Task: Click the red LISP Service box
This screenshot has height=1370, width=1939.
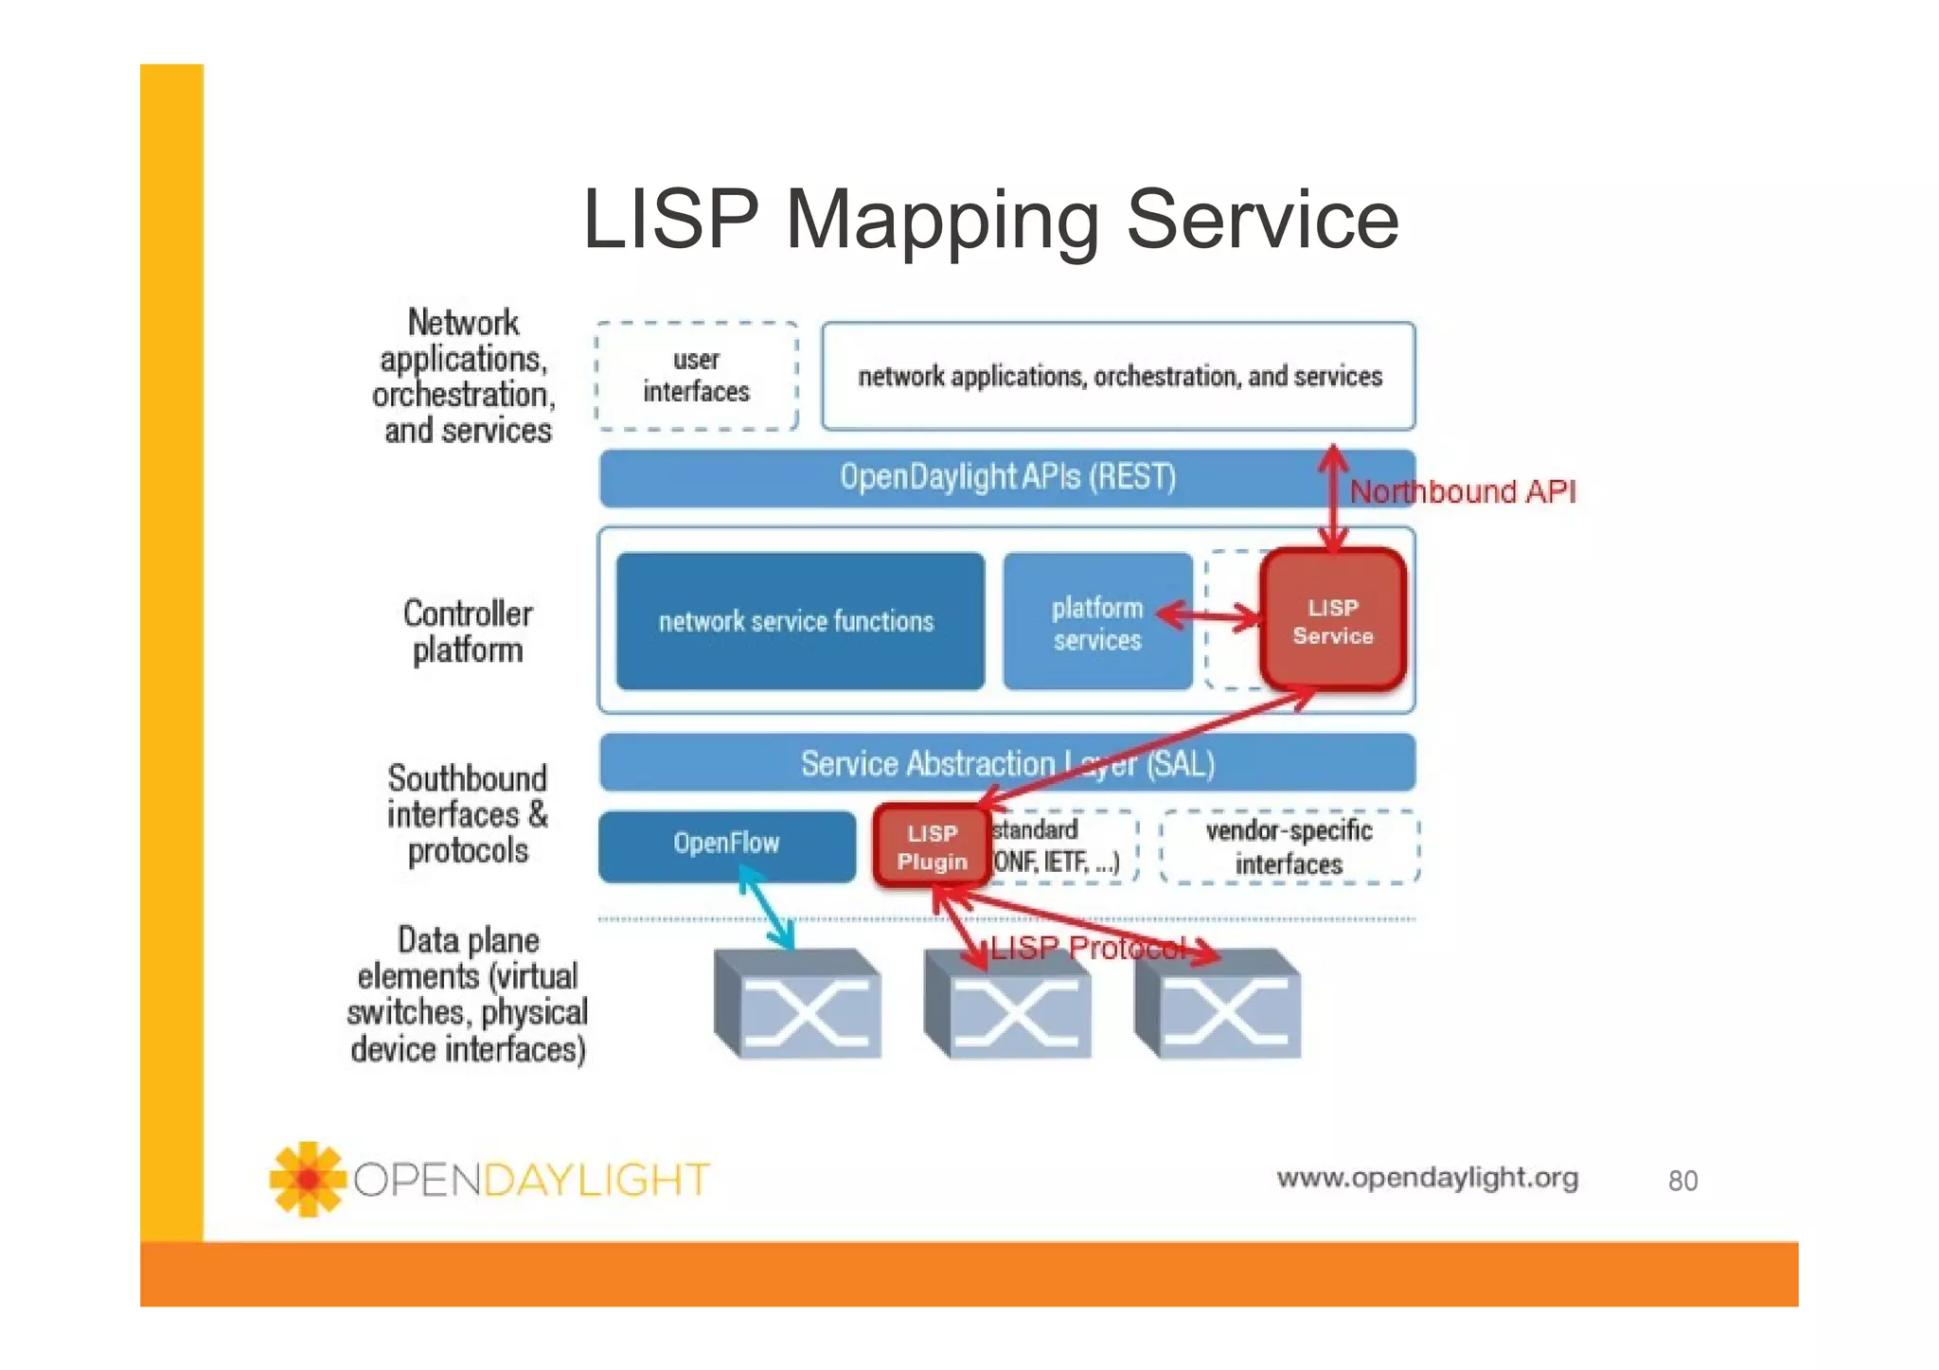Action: [x=1332, y=620]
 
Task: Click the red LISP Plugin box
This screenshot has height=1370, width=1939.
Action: [x=932, y=846]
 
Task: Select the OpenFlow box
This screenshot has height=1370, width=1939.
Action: [x=726, y=843]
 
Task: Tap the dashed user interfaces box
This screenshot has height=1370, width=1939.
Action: [x=696, y=376]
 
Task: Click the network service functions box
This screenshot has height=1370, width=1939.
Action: [x=798, y=621]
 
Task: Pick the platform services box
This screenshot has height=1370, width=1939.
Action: [x=1096, y=622]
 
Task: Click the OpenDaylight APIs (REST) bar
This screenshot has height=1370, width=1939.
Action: [x=1006, y=477]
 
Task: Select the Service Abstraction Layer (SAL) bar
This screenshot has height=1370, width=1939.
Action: [x=1006, y=763]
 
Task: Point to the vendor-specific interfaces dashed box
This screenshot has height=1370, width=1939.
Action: [x=1289, y=846]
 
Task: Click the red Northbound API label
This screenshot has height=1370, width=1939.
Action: [x=1462, y=491]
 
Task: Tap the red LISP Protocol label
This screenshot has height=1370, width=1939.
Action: [x=1089, y=948]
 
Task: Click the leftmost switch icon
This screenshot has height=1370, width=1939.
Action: [x=798, y=1004]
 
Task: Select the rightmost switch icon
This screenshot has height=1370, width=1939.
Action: [x=1218, y=1004]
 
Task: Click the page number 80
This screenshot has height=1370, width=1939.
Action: [x=1681, y=1181]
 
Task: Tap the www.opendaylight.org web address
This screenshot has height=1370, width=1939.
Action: [x=1427, y=1177]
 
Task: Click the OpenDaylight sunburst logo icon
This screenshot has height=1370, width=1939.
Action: [x=307, y=1179]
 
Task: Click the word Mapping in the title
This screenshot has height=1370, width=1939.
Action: [x=942, y=221]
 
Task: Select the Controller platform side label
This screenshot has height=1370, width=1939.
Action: [x=467, y=632]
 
